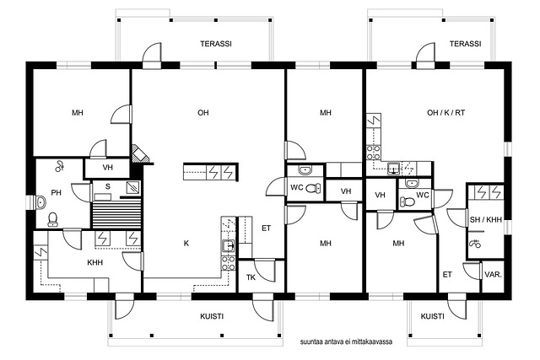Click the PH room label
[57, 192]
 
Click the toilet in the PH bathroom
[52, 219]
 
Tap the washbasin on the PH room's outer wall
[40, 202]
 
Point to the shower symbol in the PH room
[60, 166]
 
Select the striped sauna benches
[116, 215]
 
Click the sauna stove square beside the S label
[133, 187]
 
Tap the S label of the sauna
[108, 186]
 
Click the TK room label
[251, 277]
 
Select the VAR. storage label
[493, 275]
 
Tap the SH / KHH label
[486, 219]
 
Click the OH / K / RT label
[446, 112]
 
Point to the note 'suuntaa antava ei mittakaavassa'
[346, 342]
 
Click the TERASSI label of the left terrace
[216, 44]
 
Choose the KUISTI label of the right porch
[432, 316]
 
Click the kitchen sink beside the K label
[228, 245]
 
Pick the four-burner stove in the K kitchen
[228, 263]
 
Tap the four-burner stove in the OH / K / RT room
[373, 153]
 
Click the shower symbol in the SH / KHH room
[476, 244]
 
